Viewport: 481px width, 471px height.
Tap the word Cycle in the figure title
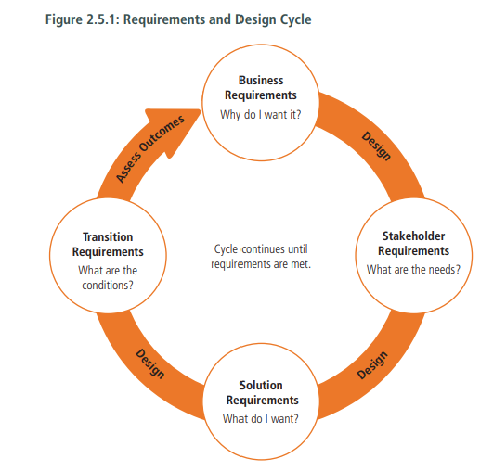(x=295, y=20)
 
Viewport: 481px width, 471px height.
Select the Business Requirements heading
(x=261, y=88)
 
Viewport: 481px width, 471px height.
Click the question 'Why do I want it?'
(x=261, y=115)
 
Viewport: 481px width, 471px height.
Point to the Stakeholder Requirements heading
(x=414, y=244)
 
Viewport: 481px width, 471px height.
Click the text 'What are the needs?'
(x=413, y=270)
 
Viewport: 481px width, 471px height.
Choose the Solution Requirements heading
(x=262, y=393)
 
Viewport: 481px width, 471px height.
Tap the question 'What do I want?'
(x=261, y=419)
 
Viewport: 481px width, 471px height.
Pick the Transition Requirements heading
(x=108, y=245)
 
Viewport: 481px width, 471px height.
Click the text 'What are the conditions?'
(x=108, y=278)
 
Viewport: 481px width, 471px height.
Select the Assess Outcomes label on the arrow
(x=150, y=149)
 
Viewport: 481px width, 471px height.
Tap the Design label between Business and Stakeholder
(x=376, y=146)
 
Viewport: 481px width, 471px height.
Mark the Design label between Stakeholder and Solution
(x=372, y=365)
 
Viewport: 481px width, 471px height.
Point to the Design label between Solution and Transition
(x=149, y=363)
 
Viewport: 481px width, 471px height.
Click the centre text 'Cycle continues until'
(x=261, y=249)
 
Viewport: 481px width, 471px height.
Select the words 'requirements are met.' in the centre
(x=261, y=264)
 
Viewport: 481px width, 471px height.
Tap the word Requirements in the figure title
(x=164, y=20)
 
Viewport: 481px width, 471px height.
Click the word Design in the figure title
(x=255, y=20)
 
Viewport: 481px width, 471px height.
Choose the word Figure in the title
(x=64, y=20)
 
